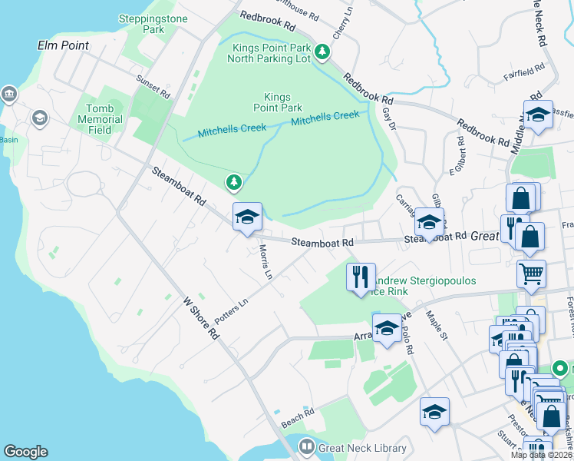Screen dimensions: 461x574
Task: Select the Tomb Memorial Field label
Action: (x=100, y=119)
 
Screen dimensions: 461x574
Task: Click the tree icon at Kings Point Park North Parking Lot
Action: (x=323, y=52)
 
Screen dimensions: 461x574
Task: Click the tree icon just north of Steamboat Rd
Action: (x=233, y=182)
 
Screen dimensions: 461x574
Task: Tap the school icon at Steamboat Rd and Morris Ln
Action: (x=247, y=217)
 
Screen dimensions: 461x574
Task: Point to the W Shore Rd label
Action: (x=201, y=319)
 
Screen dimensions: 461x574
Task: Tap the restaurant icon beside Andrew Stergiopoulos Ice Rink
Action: (x=361, y=277)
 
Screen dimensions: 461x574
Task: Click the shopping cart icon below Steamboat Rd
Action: (x=530, y=273)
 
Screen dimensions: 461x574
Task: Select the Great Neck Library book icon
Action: (x=306, y=446)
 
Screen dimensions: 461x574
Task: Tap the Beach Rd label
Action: (x=298, y=416)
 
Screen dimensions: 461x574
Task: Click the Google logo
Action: (x=25, y=452)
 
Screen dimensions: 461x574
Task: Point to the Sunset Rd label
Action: (x=153, y=85)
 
